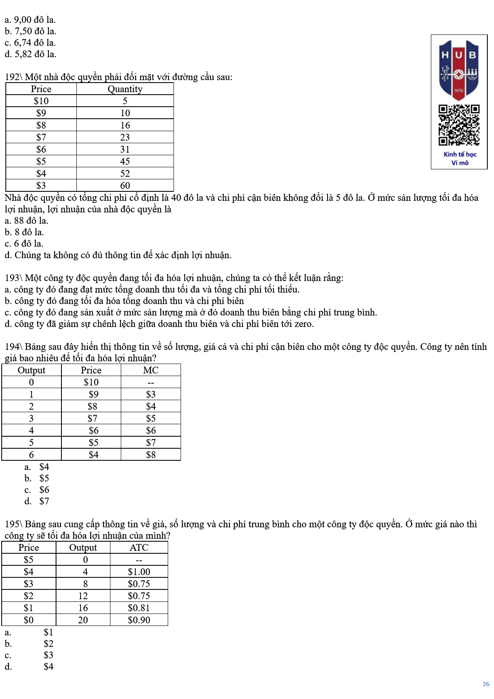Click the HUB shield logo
pyautogui.click(x=459, y=70)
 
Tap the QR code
pyautogui.click(x=459, y=125)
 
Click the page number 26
pyautogui.click(x=486, y=684)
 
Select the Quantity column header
pyautogui.click(x=125, y=89)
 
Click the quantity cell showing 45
pyautogui.click(x=125, y=161)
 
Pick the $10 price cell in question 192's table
pyautogui.click(x=41, y=101)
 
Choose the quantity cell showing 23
pyautogui.click(x=125, y=137)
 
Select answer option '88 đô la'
pyautogui.click(x=27, y=221)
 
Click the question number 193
pyautogui.click(x=12, y=278)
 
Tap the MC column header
pyautogui.click(x=151, y=370)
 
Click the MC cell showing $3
pyautogui.click(x=151, y=394)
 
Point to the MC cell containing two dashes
pyautogui.click(x=151, y=383)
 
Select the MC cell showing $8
pyautogui.click(x=151, y=455)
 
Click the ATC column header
pyautogui.click(x=139, y=548)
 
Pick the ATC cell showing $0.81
pyautogui.click(x=139, y=608)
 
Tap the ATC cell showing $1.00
pyautogui.click(x=139, y=572)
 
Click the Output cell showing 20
pyautogui.click(x=83, y=620)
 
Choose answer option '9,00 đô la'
pyautogui.click(x=30, y=20)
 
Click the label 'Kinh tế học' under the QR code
pyautogui.click(x=460, y=154)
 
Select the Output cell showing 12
pyautogui.click(x=83, y=596)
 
